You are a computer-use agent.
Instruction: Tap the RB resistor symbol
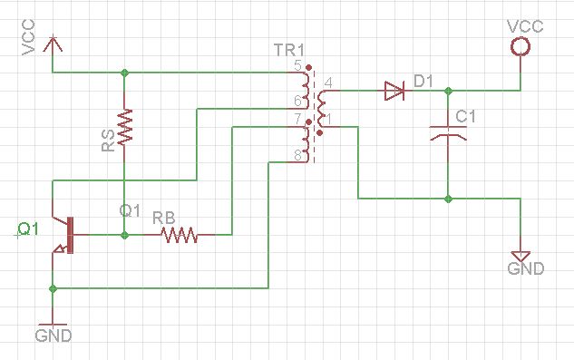[x=180, y=235]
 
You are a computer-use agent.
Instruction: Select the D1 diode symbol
[x=393, y=90]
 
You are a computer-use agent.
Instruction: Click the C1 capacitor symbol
[x=447, y=131]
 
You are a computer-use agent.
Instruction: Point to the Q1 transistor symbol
[x=64, y=234]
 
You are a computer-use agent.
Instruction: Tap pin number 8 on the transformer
[x=297, y=157]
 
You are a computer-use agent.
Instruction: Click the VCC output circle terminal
[x=520, y=46]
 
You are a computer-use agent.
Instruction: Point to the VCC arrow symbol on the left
[x=54, y=43]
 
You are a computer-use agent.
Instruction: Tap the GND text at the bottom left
[x=53, y=335]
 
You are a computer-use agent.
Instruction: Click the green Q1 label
[x=28, y=229]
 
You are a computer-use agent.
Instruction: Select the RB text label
[x=164, y=218]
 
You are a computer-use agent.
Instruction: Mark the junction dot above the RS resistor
[x=125, y=72]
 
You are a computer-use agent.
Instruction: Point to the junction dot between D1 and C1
[x=447, y=90]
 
